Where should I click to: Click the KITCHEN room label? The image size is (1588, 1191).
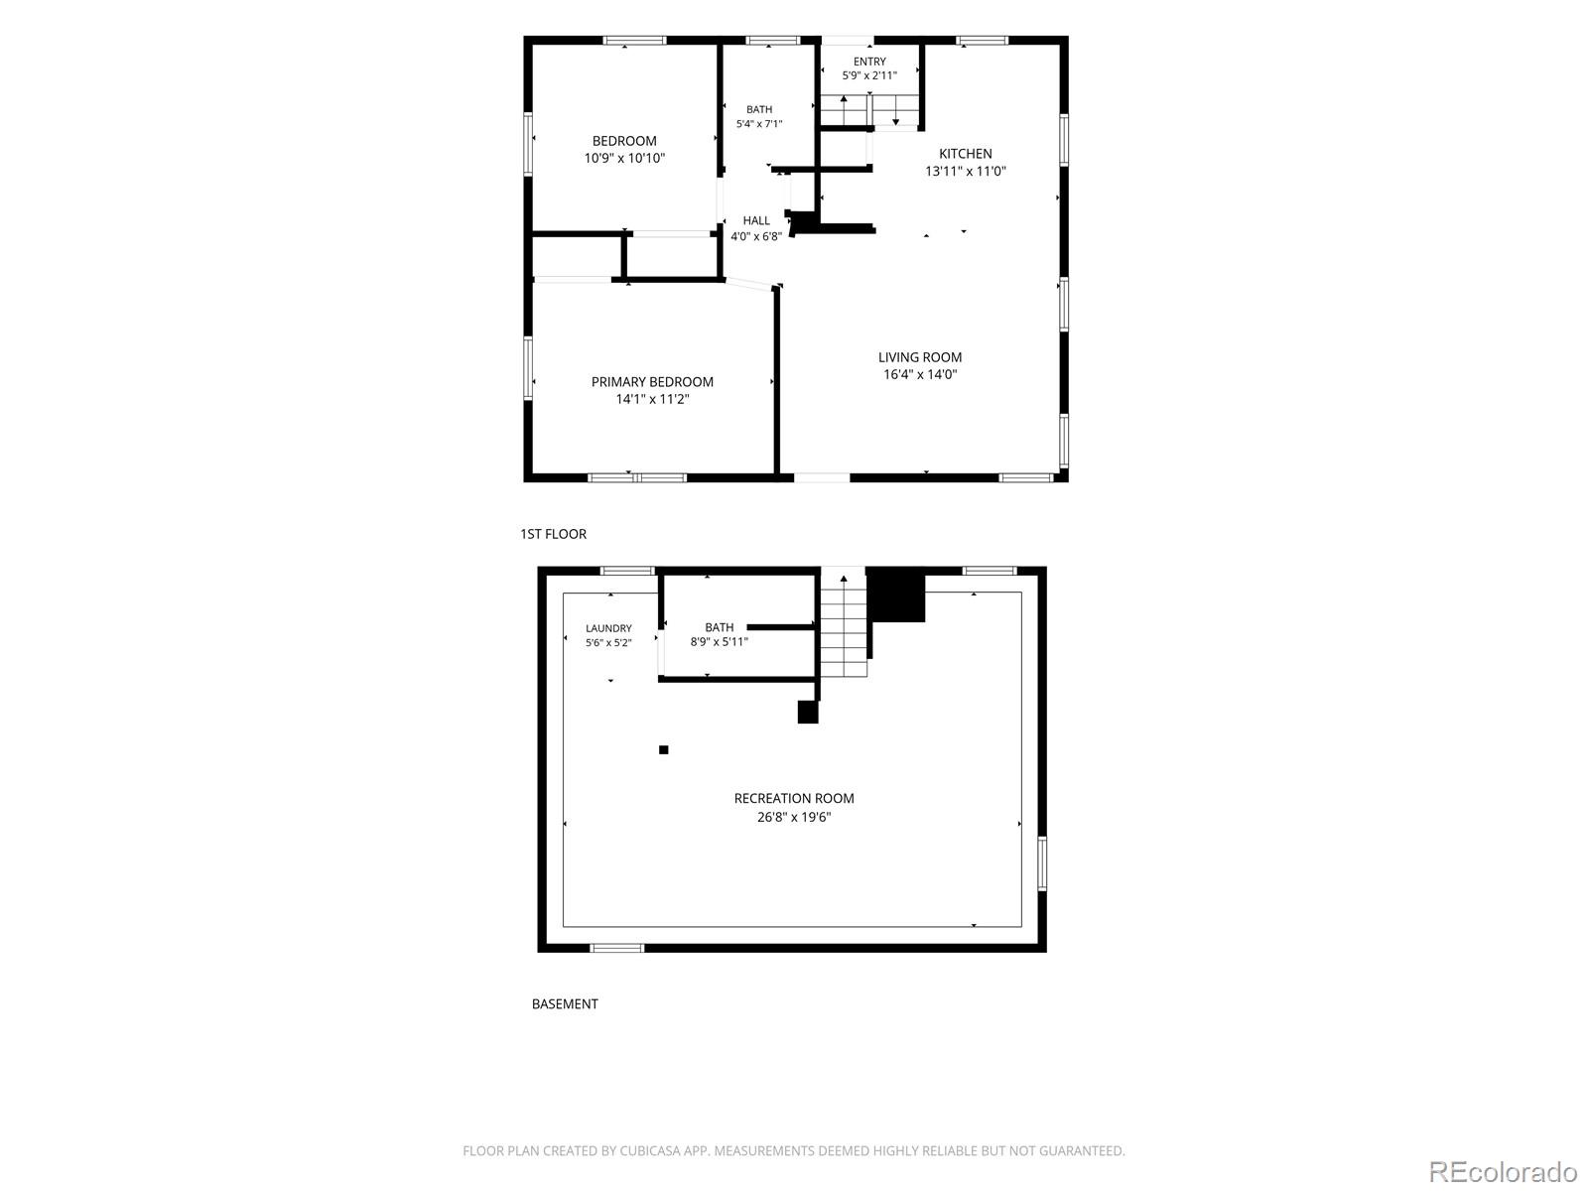point(965,154)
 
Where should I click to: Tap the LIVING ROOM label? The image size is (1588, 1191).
point(919,357)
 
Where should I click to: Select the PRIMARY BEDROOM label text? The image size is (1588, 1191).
point(652,382)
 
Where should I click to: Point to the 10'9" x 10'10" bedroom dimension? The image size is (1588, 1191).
point(624,159)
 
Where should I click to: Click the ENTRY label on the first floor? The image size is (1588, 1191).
point(868,62)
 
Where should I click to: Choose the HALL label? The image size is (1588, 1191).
point(756,220)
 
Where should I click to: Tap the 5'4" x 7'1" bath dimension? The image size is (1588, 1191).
point(759,124)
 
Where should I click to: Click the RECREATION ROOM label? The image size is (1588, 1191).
point(794,798)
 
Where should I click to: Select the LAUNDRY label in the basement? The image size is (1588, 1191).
point(608,628)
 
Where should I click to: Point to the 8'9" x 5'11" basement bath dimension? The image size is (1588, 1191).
point(719,642)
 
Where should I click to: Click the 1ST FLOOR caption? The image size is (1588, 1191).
point(554,534)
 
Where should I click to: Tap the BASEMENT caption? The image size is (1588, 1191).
point(565,1004)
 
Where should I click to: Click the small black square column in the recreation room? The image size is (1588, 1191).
point(663,750)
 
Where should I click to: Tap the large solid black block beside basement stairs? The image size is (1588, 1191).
point(895,595)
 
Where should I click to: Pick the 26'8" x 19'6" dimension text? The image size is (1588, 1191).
point(794,818)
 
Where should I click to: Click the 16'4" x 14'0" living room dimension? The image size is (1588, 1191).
point(919,374)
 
